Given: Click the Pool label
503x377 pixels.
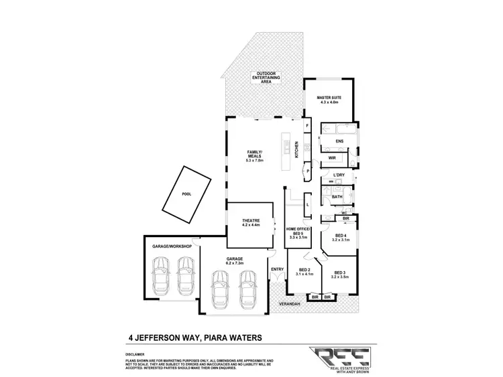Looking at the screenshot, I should point(186,194).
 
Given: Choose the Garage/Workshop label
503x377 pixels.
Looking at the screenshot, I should point(172,247).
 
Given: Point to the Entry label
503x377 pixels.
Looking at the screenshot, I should point(276,270).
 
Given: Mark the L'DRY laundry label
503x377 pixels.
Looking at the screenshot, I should point(339,175).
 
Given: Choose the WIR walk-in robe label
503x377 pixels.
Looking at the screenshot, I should point(332,158).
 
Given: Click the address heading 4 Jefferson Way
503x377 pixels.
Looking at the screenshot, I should point(194,337).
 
